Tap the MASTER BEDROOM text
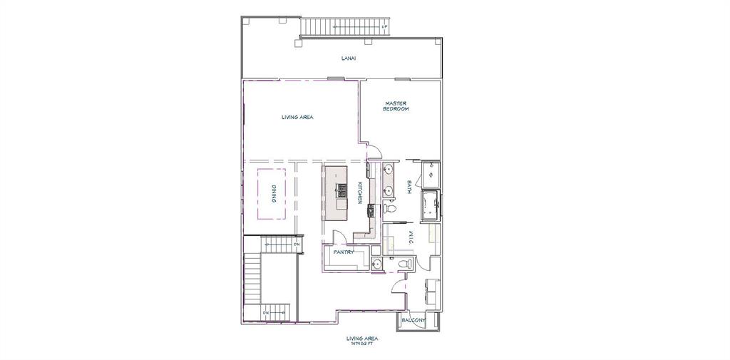coord(396,106)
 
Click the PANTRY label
coord(344,252)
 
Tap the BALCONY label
coord(413,321)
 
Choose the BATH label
coord(409,187)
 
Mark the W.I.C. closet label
coord(410,238)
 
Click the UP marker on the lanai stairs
coord(384,28)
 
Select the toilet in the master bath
coord(389,209)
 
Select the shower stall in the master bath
coord(431,174)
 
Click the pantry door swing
coord(340,239)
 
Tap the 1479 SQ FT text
coord(361,344)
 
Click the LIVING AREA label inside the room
coord(297,117)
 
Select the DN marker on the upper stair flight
coord(297,245)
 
